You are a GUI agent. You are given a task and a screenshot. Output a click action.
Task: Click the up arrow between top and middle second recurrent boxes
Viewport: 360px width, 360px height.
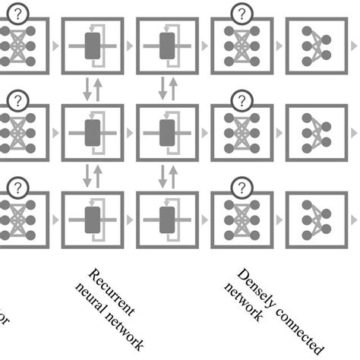tap(172, 89)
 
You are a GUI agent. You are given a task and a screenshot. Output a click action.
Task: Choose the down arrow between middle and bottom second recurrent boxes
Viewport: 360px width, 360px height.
tap(160, 175)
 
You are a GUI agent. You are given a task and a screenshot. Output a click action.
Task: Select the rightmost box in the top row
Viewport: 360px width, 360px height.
tap(315, 46)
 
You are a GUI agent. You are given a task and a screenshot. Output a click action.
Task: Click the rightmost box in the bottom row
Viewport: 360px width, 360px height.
tap(315, 220)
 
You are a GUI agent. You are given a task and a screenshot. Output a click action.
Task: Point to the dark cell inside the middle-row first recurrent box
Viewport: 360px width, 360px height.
tap(94, 132)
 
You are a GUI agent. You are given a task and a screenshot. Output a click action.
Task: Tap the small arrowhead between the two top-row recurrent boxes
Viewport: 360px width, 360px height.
tap(129, 46)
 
